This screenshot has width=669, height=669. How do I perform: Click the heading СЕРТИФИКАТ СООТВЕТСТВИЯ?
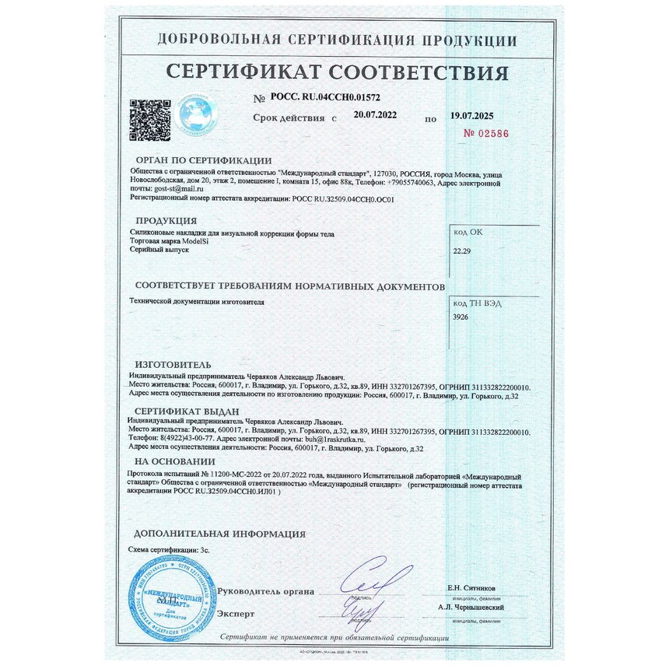click(337, 73)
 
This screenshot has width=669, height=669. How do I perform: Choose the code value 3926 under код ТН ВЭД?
click(461, 318)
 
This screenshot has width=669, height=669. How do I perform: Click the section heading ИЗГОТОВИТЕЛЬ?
click(173, 364)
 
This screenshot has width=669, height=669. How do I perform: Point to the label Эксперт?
click(236, 614)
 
